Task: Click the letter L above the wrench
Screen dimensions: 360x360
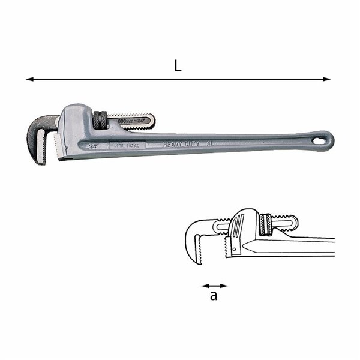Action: point(178,66)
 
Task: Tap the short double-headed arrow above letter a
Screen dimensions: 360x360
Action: point(214,286)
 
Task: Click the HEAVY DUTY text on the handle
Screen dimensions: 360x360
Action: point(179,145)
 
